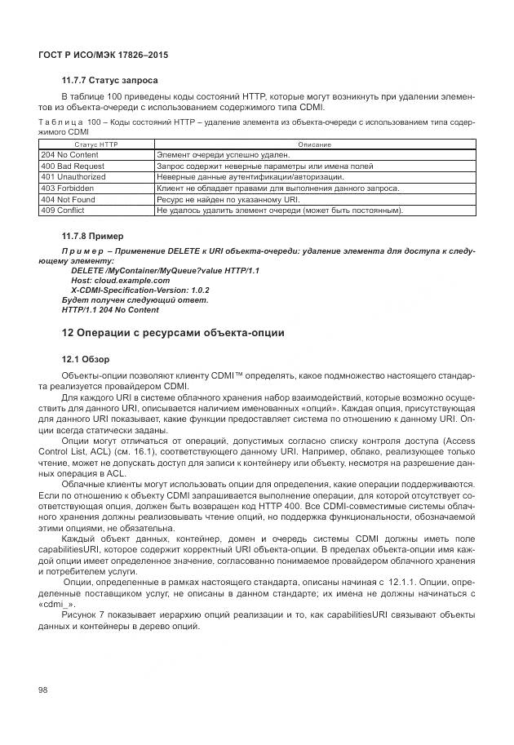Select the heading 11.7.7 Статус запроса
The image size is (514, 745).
pos(109,81)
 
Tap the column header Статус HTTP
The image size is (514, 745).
pos(96,144)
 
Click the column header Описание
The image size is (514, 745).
pos(314,144)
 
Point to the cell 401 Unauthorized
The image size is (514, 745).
pos(73,176)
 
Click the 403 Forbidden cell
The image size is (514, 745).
pos(68,188)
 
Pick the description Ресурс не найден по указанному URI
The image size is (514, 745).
pos(228,199)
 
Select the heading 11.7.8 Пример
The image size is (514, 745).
pos(93,236)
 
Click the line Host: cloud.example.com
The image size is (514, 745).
pos(120,280)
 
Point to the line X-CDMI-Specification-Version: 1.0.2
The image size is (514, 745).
pos(140,290)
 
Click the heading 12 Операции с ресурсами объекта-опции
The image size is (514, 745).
pos(173,333)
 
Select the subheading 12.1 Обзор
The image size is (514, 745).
pos(86,359)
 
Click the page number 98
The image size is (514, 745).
pos(44,690)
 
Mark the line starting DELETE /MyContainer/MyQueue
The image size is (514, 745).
pos(165,270)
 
